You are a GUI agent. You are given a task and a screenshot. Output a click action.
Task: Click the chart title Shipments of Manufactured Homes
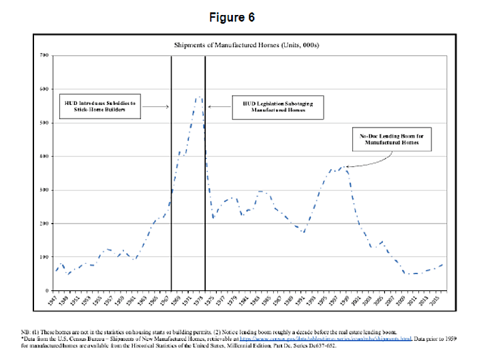tap(238, 46)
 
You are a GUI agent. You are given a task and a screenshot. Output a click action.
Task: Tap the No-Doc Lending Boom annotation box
tap(386, 140)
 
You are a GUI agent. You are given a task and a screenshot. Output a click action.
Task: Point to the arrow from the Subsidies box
tap(158, 106)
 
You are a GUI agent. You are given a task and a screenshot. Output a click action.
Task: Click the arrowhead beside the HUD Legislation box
tap(210, 106)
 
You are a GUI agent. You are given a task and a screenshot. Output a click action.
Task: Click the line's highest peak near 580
tap(198, 97)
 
